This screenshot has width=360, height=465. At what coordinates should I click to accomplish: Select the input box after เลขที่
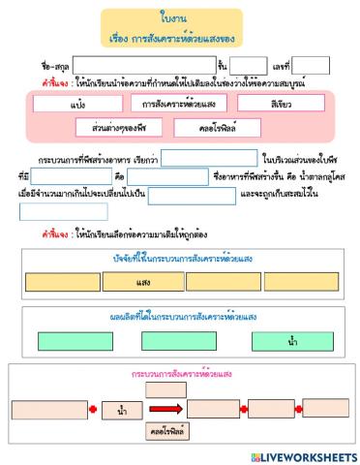coord(311,66)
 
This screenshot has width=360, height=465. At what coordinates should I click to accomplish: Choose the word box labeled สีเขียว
coord(283,103)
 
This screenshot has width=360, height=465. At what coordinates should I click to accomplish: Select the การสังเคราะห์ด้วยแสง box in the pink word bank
coord(179,103)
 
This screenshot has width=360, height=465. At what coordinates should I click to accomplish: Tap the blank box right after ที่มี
coord(71,176)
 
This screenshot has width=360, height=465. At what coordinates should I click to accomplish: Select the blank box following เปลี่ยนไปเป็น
coord(192,195)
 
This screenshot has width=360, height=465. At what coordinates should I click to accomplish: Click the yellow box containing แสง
coord(142,282)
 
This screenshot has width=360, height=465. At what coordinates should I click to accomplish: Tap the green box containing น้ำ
coord(292,341)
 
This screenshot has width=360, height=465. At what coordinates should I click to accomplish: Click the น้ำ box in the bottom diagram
coord(121,411)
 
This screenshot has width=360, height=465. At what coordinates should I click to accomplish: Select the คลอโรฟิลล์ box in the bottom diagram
coord(165,429)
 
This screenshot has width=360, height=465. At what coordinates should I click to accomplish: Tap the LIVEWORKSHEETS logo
coord(302,455)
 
